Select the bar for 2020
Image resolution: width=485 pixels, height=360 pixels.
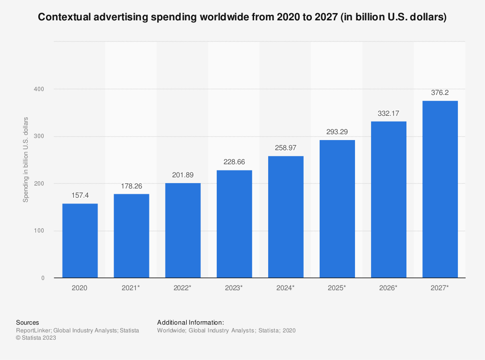point(80,240)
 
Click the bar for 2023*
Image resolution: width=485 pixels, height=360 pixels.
point(234,224)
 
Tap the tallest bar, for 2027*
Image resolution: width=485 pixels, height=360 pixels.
point(440,189)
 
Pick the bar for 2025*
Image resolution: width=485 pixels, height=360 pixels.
point(337,209)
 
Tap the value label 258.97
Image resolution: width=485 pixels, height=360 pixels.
point(286,147)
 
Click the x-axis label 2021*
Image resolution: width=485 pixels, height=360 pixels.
point(131,288)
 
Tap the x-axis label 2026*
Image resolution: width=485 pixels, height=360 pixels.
point(388,288)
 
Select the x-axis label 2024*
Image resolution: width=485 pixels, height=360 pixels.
point(286,288)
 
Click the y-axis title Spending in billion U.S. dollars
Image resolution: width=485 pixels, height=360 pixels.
point(26,159)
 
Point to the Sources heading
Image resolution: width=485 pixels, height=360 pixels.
point(28,322)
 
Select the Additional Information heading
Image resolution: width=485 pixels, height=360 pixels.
point(191,322)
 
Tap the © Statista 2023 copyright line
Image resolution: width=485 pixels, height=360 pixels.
point(36,338)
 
